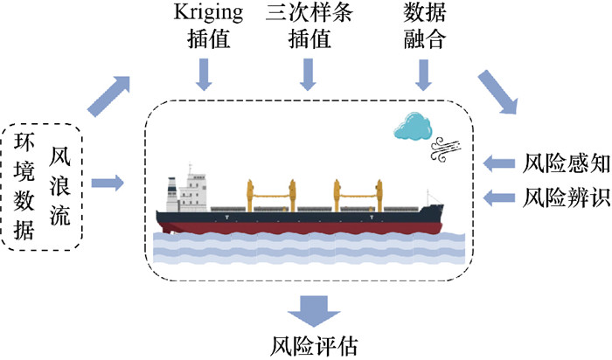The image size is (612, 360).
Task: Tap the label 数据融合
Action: tap(423, 29)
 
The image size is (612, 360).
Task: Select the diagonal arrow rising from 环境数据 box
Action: tap(110, 94)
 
